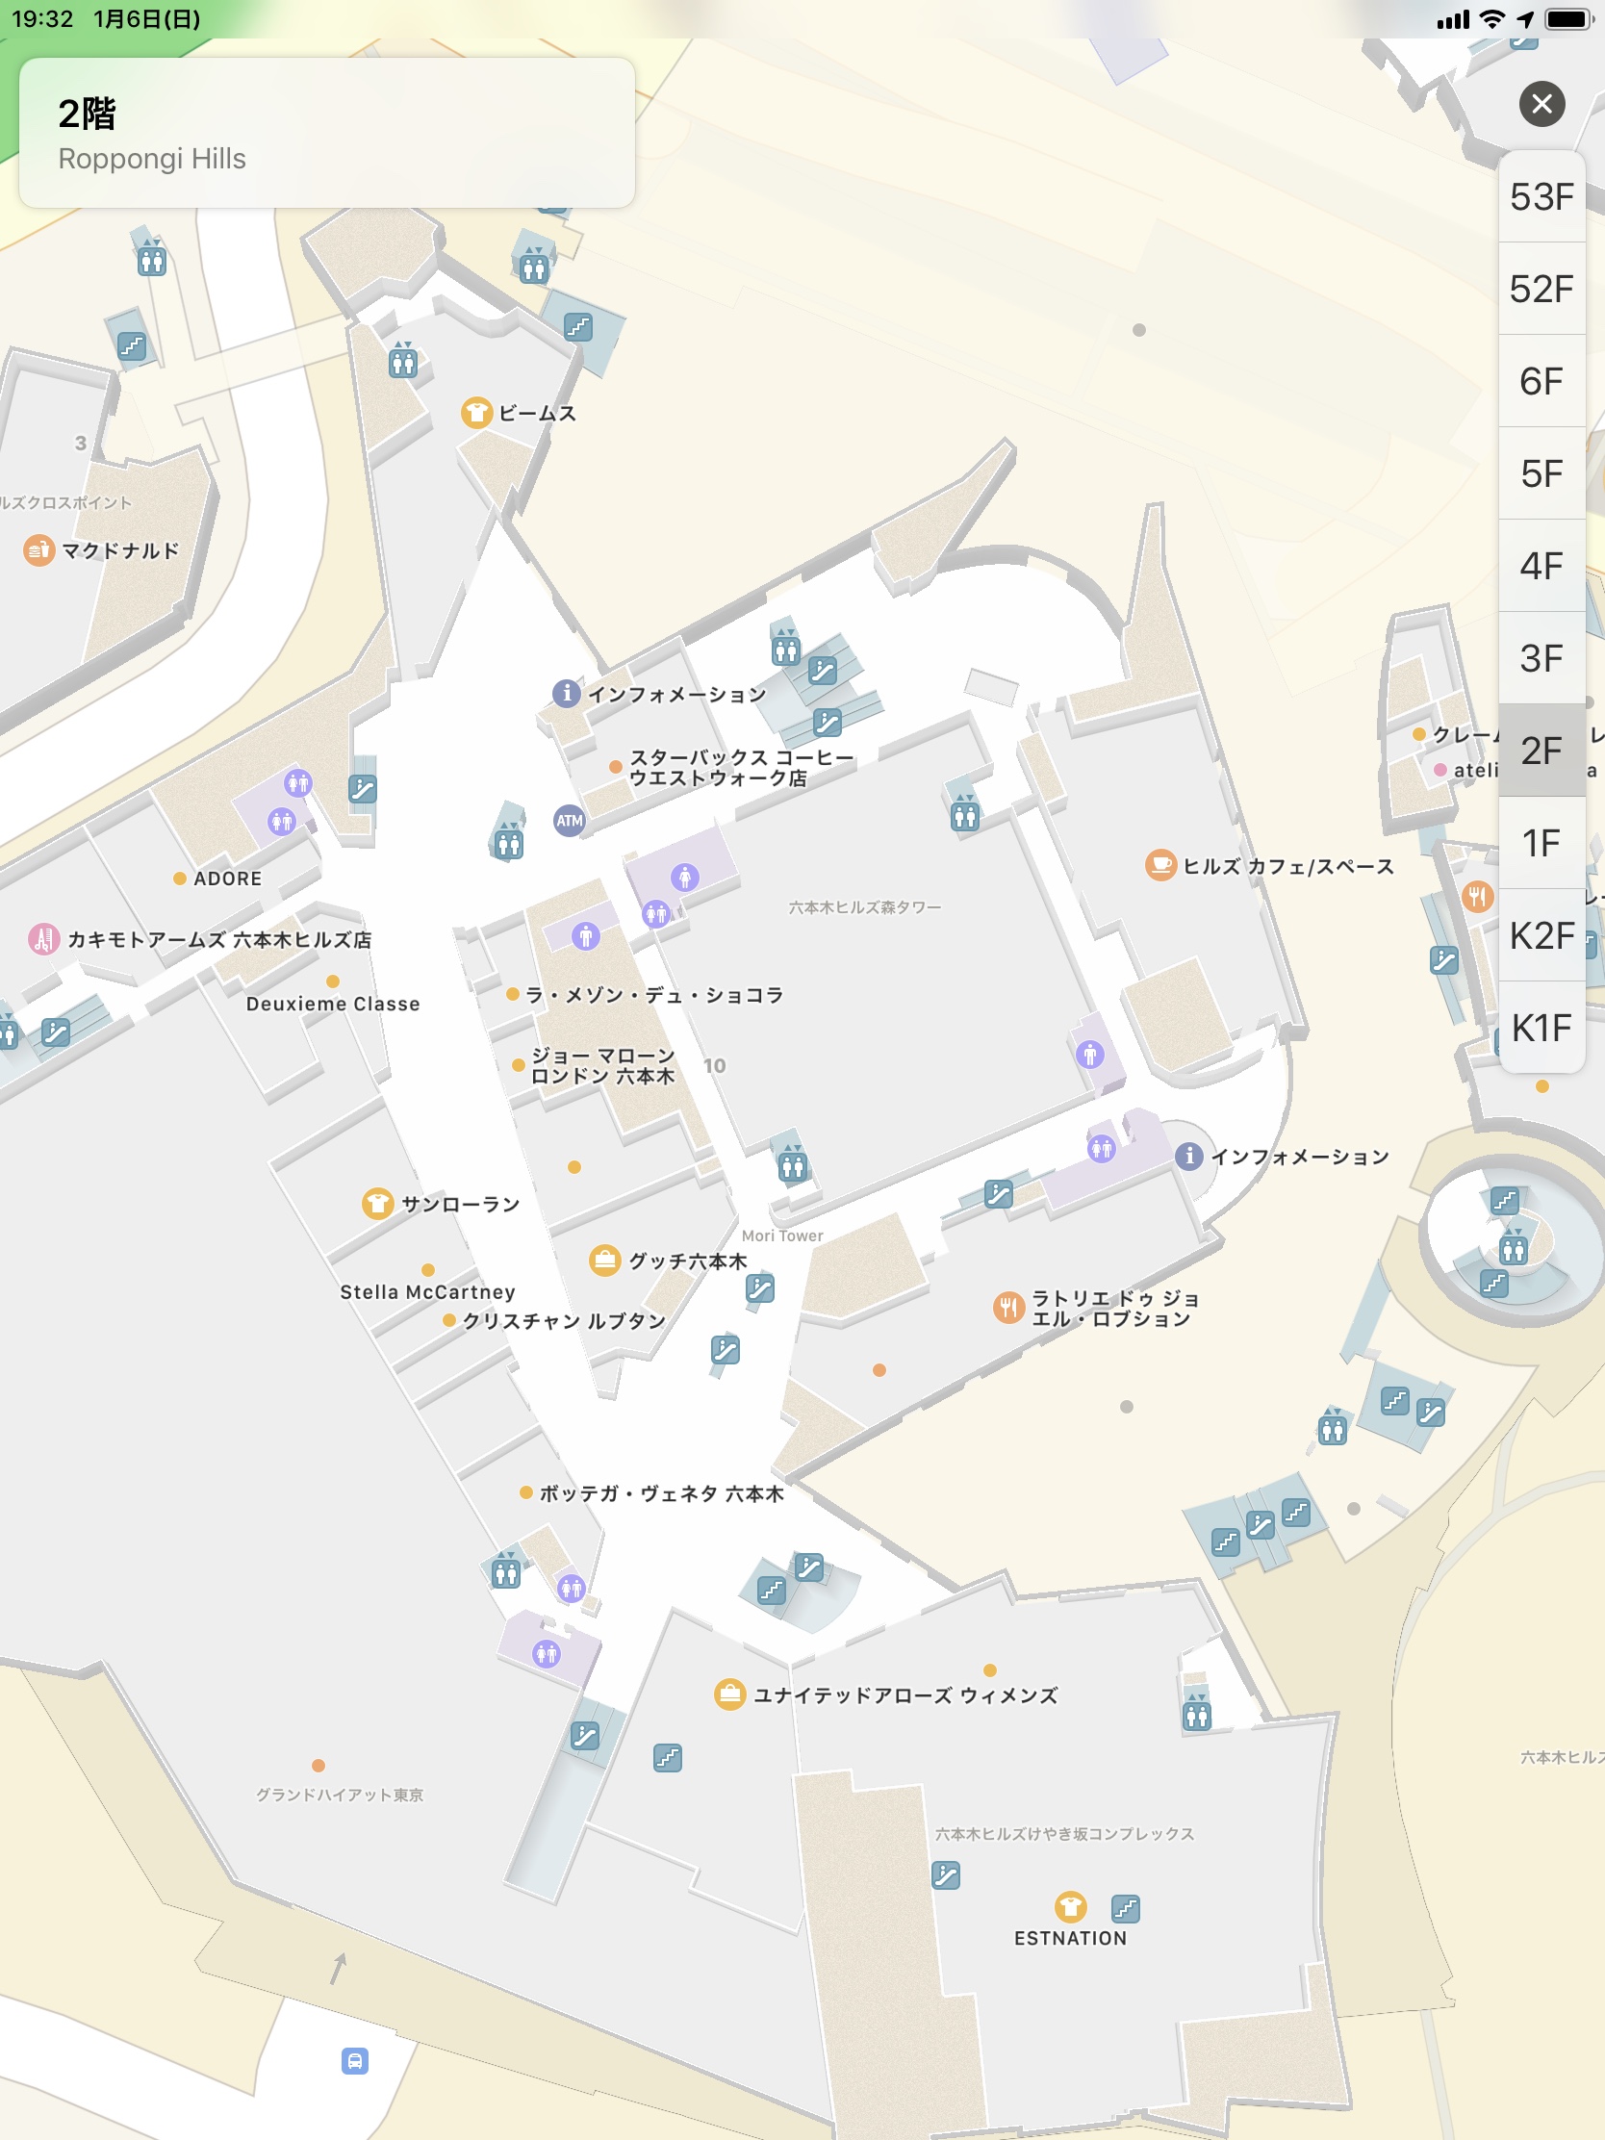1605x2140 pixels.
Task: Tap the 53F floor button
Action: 1541,197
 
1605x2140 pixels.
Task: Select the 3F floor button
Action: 1541,659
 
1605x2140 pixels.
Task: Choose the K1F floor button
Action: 1541,1028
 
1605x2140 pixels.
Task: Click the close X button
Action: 1541,104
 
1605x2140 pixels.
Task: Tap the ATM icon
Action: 569,822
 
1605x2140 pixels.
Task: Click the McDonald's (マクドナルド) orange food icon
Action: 38,550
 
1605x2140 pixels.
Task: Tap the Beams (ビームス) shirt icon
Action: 476,413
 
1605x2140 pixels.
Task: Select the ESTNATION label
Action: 1070,1938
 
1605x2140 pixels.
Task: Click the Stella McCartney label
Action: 427,1292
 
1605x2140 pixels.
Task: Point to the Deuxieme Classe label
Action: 333,1005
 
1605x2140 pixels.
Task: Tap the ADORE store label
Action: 227,879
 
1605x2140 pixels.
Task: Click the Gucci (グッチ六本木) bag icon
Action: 604,1261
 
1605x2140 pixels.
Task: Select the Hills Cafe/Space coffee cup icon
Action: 1160,866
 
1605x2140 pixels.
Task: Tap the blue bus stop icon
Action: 355,2061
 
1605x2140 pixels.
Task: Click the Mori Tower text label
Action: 781,1236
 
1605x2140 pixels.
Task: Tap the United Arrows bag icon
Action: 729,1694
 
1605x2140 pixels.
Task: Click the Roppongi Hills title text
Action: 152,159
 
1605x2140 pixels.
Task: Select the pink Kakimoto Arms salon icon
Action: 43,938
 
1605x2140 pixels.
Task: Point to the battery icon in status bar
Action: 1568,18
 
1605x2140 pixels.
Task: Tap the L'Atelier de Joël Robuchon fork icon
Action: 1008,1308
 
